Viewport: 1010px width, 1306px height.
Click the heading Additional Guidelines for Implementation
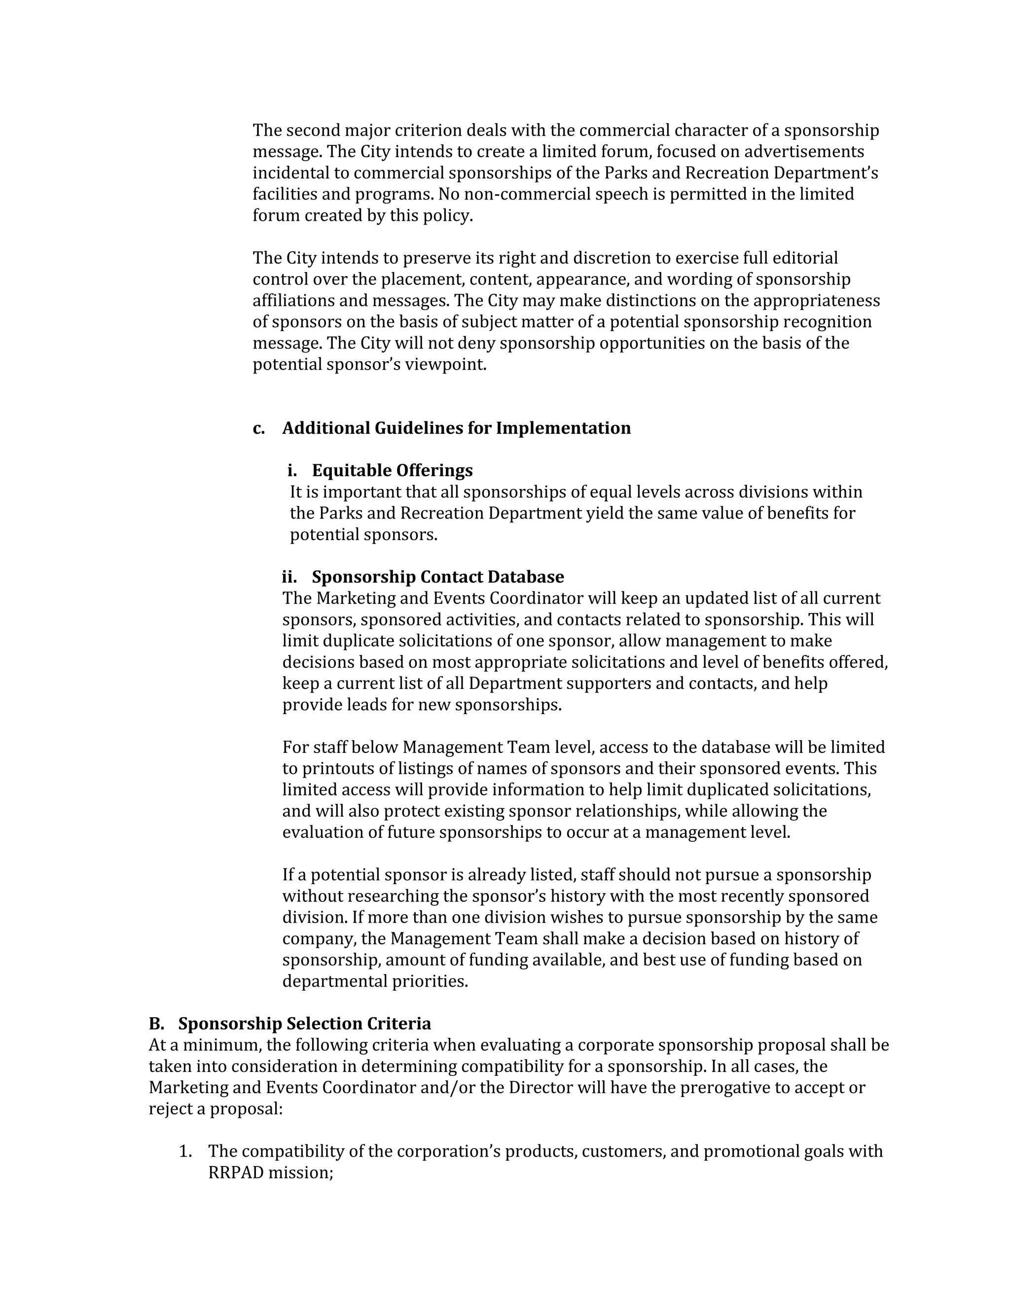coord(456,428)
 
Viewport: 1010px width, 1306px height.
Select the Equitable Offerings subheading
coord(392,471)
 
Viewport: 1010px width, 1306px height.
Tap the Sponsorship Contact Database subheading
coord(437,577)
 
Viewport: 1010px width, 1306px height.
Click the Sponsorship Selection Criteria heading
coord(305,1024)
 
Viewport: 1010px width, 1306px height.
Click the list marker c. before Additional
coord(258,429)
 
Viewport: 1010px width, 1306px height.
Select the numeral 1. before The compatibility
coord(185,1151)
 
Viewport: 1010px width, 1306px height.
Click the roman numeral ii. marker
coord(289,577)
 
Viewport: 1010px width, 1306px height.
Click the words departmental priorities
coord(375,981)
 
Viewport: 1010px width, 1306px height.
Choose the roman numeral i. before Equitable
coord(292,471)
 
